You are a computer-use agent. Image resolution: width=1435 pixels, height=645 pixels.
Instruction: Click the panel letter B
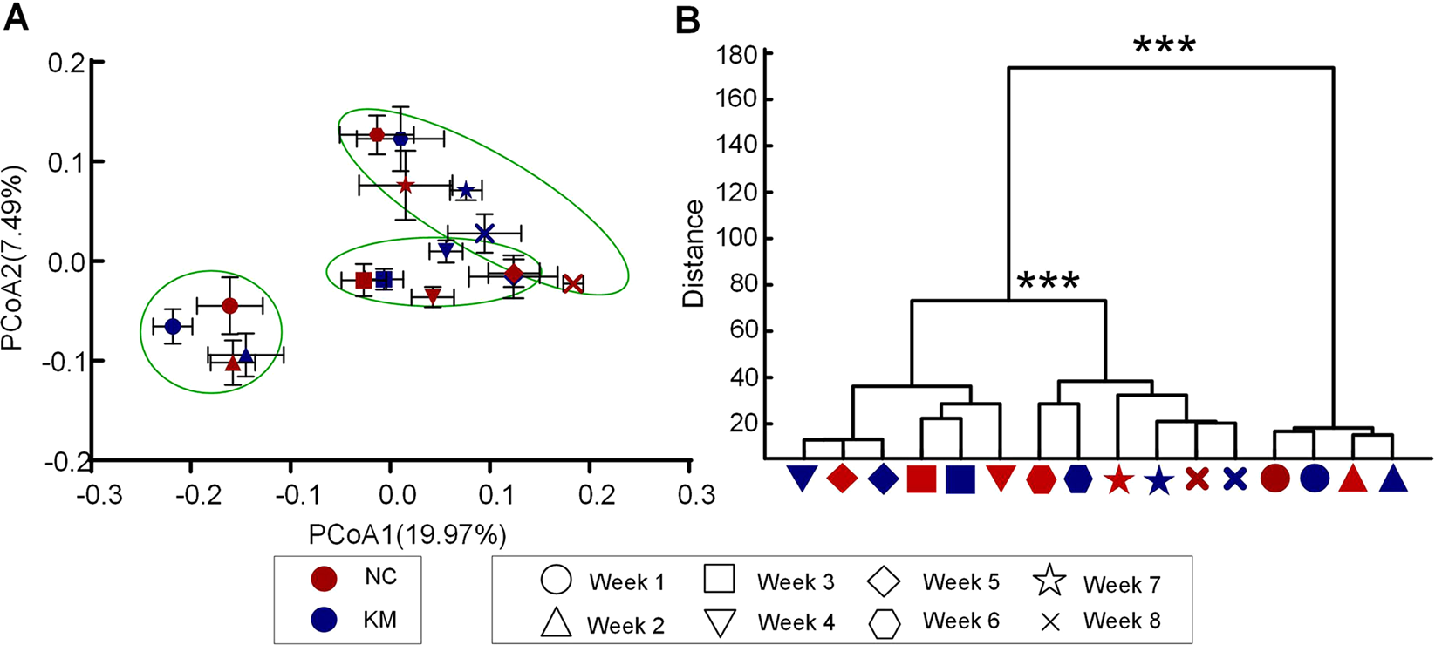(x=688, y=20)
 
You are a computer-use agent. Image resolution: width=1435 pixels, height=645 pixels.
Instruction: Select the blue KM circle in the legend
(x=325, y=620)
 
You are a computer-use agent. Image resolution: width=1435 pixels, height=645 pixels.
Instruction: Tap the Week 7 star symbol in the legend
(x=1050, y=580)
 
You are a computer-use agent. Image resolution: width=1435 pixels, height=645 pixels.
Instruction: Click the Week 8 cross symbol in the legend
(x=1050, y=621)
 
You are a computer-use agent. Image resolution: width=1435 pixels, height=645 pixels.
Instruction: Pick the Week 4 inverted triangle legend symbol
(x=720, y=622)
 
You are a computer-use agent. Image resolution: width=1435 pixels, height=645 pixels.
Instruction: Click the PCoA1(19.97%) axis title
(x=407, y=534)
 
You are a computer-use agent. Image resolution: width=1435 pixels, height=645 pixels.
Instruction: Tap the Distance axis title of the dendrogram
(x=694, y=254)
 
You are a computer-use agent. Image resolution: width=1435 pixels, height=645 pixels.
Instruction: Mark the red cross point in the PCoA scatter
(x=572, y=283)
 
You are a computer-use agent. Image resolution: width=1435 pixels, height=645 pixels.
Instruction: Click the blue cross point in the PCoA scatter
(x=484, y=233)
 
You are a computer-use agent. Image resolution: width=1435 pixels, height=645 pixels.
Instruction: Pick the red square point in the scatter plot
(x=364, y=280)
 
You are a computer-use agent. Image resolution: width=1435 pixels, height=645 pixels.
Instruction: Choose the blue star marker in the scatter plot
(x=466, y=191)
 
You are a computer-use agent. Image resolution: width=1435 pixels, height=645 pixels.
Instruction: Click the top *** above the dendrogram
(x=1164, y=44)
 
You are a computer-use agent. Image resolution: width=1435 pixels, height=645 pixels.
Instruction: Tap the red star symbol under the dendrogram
(x=1117, y=480)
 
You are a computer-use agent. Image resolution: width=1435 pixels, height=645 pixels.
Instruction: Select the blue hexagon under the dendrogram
(x=1077, y=479)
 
